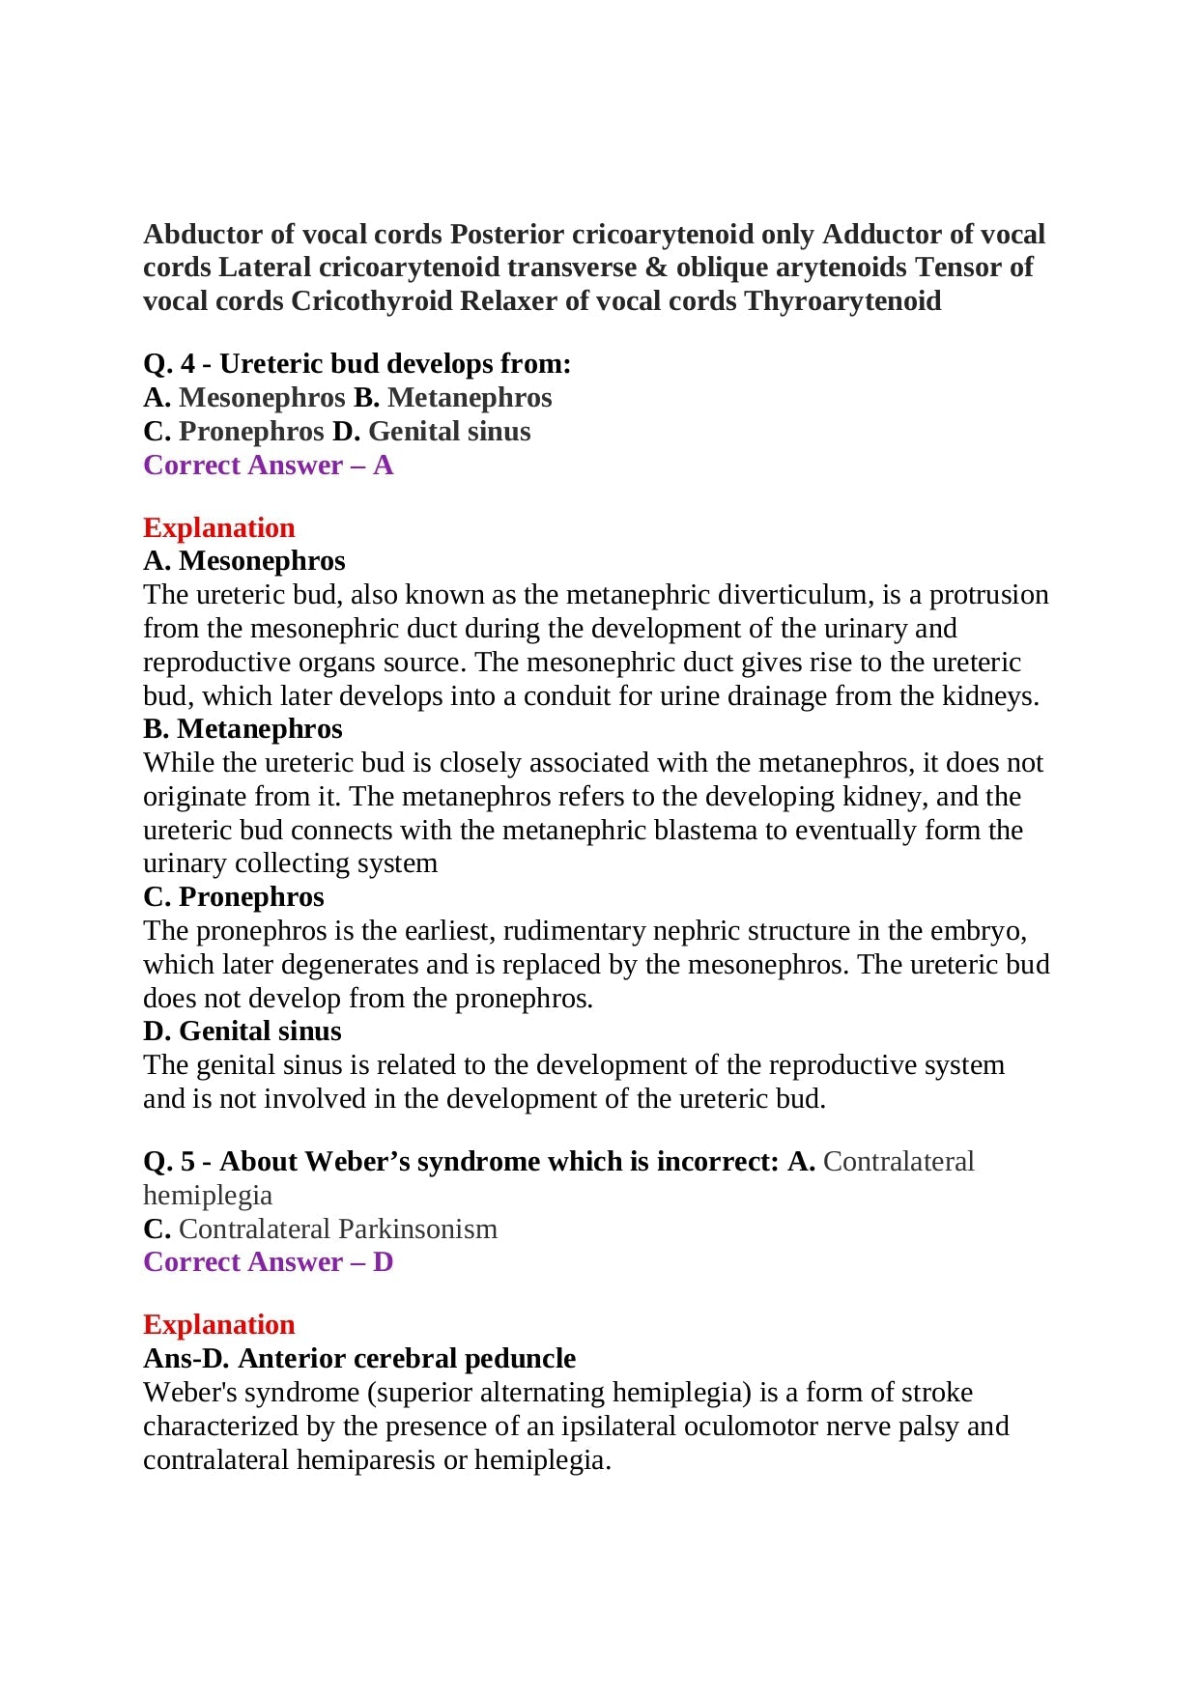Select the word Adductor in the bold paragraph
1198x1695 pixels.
pyautogui.click(x=876, y=235)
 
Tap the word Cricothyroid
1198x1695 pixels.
pyautogui.click(x=371, y=301)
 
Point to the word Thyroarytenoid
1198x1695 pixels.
pyautogui.click(x=842, y=301)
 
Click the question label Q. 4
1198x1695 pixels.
pyautogui.click(x=168, y=364)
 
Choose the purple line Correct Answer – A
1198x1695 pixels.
pyautogui.click(x=268, y=466)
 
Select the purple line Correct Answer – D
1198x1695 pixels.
pyautogui.click(x=268, y=1262)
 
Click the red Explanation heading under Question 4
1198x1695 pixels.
pyautogui.click(x=218, y=528)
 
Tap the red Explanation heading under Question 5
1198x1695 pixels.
pyautogui.click(x=218, y=1325)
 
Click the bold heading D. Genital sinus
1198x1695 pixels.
pyautogui.click(x=242, y=1031)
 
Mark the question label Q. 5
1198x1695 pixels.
pyautogui.click(x=168, y=1162)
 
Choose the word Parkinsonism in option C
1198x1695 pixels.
pyautogui.click(x=417, y=1229)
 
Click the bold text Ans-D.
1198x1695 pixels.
pyautogui.click(x=185, y=1359)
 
